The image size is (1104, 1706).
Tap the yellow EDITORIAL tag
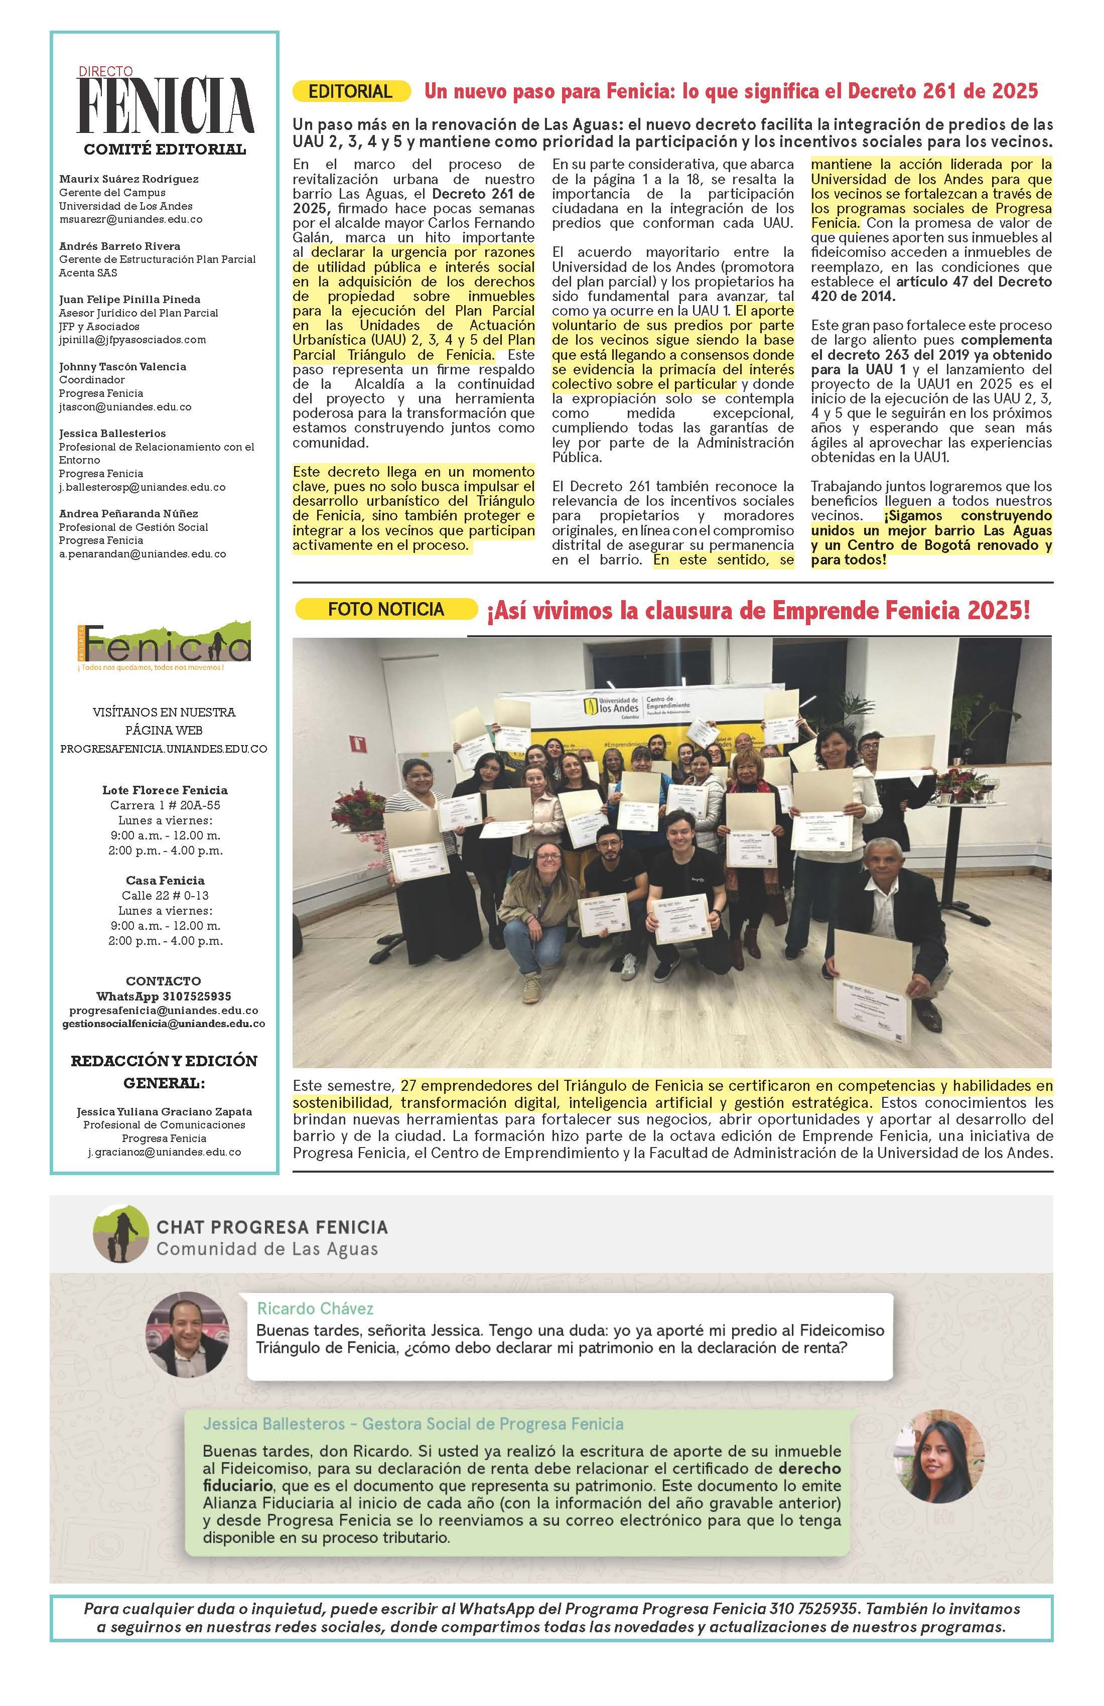[351, 92]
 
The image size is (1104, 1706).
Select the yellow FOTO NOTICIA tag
[386, 609]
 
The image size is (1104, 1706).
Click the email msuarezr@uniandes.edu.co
[130, 220]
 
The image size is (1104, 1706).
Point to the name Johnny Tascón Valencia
[122, 366]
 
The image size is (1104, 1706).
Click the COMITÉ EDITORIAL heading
[165, 150]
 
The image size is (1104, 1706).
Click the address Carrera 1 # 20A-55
[165, 805]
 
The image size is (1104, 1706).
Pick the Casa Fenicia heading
[165, 880]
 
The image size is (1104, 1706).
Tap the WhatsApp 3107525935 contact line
[164, 997]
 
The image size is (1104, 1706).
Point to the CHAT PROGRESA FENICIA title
[272, 1227]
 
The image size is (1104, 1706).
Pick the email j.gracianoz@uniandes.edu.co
[164, 1152]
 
